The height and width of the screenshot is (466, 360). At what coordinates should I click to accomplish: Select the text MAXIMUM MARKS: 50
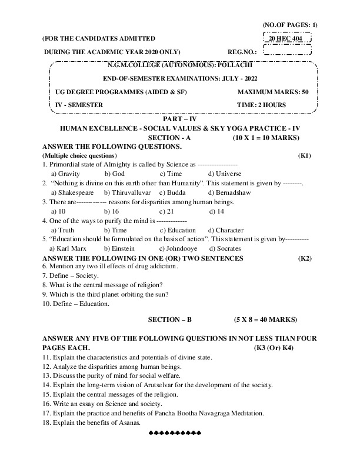272,92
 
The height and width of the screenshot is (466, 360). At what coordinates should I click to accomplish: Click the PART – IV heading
179,118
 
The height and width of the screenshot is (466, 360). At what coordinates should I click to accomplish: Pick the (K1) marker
305,155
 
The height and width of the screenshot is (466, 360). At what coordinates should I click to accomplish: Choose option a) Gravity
65,174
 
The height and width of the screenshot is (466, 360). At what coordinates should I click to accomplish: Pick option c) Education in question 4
178,230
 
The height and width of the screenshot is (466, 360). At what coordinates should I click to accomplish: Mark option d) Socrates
224,249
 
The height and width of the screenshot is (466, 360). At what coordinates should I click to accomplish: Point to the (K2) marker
305,258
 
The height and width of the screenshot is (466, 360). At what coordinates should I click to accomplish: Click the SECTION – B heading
170,319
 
